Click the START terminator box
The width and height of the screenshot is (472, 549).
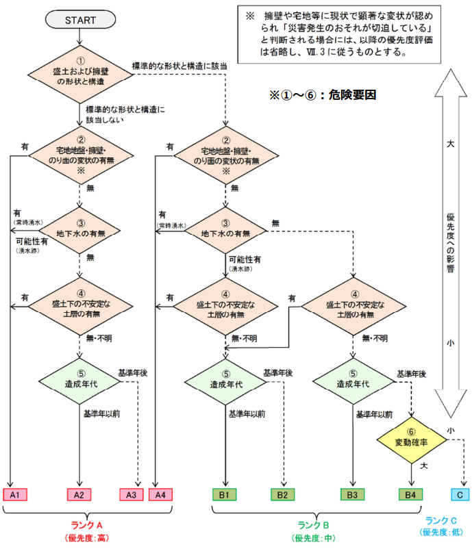(x=81, y=20)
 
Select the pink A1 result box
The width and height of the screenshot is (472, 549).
(x=15, y=494)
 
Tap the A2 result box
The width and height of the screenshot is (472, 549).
(x=79, y=494)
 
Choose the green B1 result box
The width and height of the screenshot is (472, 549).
(x=225, y=494)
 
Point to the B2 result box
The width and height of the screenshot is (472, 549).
(x=282, y=494)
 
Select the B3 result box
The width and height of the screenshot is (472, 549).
(x=353, y=494)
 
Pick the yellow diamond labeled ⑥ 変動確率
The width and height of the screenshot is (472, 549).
(x=411, y=441)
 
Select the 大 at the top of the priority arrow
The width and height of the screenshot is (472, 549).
(x=449, y=144)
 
